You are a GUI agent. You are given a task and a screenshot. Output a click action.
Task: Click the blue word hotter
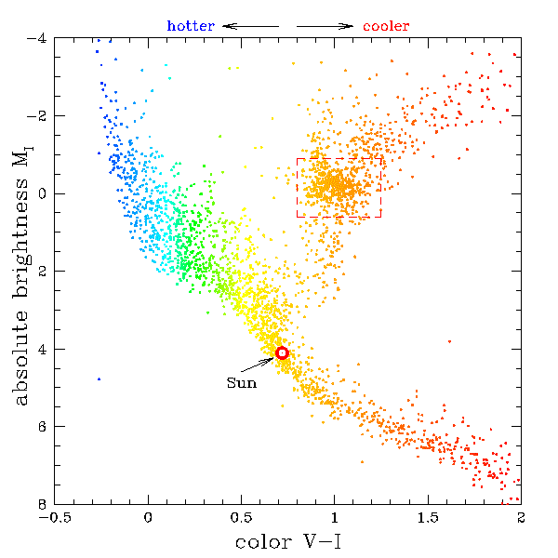coord(192,26)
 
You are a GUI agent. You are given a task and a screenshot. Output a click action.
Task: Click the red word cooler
coord(386,26)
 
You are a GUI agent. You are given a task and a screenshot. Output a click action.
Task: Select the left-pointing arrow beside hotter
coord(250,26)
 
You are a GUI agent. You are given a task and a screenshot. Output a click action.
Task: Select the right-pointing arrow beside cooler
coord(325,26)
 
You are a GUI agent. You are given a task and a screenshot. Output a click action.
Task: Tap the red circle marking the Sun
coord(282,352)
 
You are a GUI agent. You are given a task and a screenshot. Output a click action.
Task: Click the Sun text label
coord(241,382)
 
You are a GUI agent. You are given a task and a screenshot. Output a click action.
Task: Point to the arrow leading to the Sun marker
coord(261,364)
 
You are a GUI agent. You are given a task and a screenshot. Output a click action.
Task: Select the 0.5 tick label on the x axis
coord(241,517)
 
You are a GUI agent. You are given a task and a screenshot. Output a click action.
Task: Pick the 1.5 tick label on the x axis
coord(427,517)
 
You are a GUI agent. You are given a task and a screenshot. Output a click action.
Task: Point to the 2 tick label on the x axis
coord(520,517)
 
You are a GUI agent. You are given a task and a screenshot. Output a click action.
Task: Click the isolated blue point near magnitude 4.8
coord(99,379)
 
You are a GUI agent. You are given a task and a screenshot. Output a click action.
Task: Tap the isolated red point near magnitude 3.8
coord(449,341)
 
